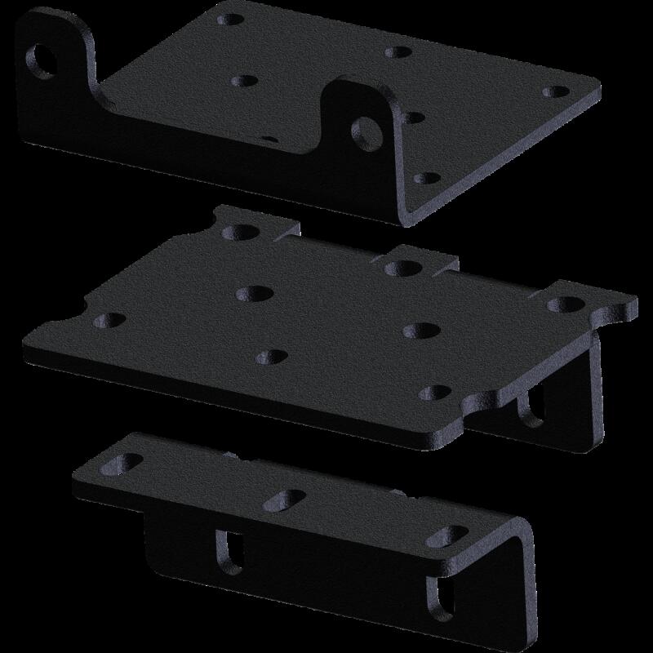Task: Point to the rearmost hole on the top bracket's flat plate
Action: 398,52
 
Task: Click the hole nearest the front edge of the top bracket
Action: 422,177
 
